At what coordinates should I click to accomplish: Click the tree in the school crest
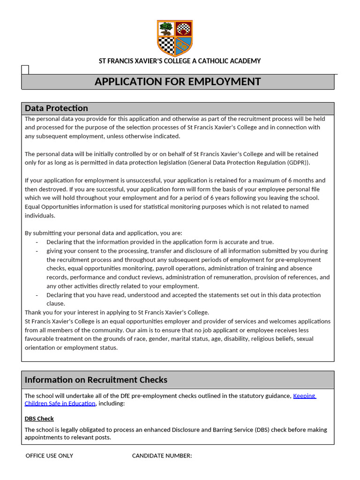(x=165, y=29)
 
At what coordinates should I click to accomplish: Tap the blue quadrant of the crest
(x=184, y=45)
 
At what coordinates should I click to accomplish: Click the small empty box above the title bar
(x=25, y=70)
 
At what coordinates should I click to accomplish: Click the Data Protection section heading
(x=56, y=108)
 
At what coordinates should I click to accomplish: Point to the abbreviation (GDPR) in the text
(x=298, y=163)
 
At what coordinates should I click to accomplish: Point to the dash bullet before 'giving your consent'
(x=37, y=251)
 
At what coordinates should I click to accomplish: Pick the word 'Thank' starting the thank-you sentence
(x=33, y=312)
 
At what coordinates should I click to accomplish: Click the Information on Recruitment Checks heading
(x=96, y=380)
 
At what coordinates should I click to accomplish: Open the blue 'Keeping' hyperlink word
(x=304, y=396)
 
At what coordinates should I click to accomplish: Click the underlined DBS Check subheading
(x=39, y=419)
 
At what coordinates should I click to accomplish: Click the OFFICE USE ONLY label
(x=49, y=456)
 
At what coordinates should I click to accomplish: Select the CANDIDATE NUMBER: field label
(x=162, y=456)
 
